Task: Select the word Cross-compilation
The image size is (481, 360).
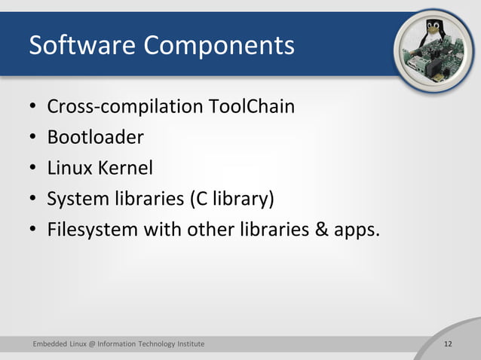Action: [124, 107]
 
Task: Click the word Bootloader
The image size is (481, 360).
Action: [95, 138]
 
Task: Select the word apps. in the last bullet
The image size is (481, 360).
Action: [355, 231]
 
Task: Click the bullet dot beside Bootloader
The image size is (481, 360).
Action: [33, 139]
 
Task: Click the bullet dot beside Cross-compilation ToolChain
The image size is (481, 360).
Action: [33, 108]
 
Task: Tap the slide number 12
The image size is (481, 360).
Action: [448, 344]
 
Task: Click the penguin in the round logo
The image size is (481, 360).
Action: [432, 33]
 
